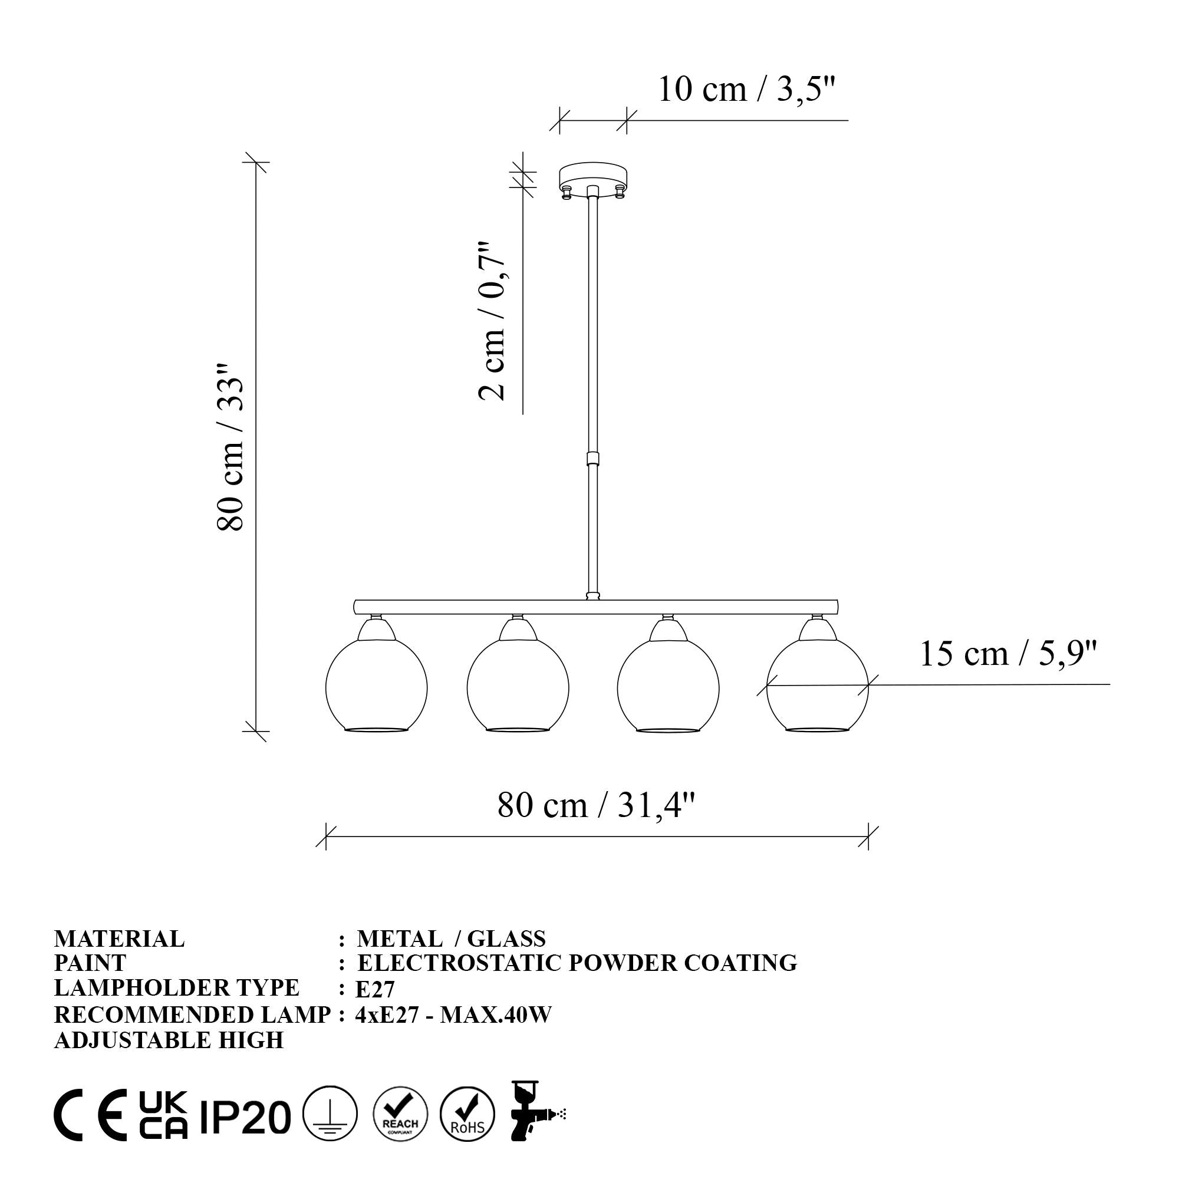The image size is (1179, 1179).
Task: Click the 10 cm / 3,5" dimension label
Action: pyautogui.click(x=746, y=90)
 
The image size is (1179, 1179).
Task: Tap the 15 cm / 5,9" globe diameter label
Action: pyautogui.click(x=1008, y=654)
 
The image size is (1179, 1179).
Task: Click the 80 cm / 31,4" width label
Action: pyautogui.click(x=596, y=805)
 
